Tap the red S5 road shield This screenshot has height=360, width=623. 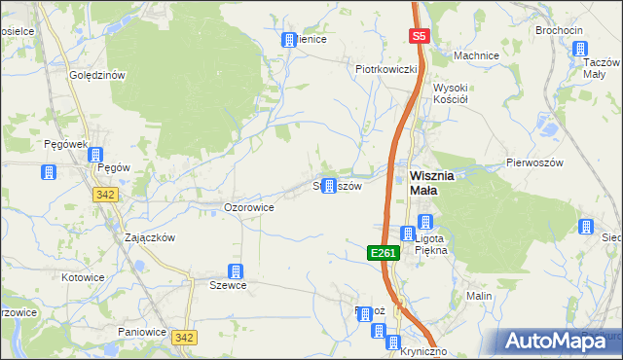[419, 37]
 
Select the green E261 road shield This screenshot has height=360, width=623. [383, 253]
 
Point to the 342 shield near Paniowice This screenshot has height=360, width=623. [184, 337]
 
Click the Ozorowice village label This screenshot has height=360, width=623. [248, 207]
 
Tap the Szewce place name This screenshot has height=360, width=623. [229, 286]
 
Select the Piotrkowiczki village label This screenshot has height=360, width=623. [386, 69]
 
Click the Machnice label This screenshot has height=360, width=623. [476, 55]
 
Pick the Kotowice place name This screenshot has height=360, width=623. [82, 277]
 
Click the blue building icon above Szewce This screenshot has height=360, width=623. [235, 271]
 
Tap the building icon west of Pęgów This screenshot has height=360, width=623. [47, 173]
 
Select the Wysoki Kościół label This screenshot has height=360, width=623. [452, 92]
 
